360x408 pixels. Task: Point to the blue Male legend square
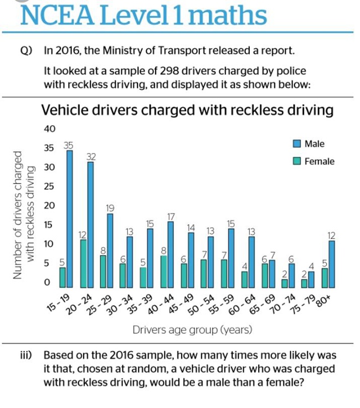[x=297, y=144]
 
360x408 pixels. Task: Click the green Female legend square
[x=297, y=161]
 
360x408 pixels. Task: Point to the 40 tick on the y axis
[x=49, y=129]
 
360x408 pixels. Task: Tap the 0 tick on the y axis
[x=47, y=282]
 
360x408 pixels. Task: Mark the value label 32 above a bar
[x=91, y=157]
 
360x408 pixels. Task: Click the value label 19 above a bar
[x=110, y=208]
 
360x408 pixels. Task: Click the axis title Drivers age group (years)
[x=192, y=330]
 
